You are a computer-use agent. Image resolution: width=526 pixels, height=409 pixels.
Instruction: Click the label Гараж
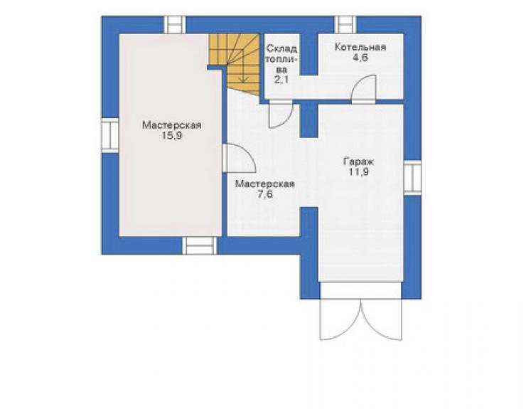coord(358,162)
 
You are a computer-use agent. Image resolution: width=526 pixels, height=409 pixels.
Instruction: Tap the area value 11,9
coord(358,172)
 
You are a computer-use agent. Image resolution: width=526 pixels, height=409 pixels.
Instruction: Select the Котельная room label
coord(360,48)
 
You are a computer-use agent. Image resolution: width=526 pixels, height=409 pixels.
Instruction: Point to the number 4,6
coord(360,58)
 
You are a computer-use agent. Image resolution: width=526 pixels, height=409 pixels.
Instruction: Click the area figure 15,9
coord(172,136)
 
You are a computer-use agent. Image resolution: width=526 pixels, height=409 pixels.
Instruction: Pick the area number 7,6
coord(265,194)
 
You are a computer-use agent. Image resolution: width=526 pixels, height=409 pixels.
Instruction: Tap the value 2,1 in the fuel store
coord(281,80)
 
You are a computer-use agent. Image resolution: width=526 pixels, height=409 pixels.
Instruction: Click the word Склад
coord(281,49)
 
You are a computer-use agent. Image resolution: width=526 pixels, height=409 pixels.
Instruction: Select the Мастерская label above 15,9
coord(172,125)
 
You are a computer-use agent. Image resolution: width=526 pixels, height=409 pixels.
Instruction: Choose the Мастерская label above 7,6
coord(265,184)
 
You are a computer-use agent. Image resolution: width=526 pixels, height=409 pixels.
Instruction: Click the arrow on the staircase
coord(243,65)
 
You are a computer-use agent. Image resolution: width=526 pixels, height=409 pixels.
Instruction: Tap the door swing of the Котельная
coord(363,89)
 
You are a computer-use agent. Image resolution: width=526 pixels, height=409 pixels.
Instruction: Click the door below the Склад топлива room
coord(281,115)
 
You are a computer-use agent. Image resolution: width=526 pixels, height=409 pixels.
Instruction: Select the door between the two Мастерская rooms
coord(239,159)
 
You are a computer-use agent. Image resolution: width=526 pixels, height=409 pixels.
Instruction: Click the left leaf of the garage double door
coord(340,319)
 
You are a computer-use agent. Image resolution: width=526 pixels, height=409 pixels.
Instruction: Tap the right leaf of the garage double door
coord(382,319)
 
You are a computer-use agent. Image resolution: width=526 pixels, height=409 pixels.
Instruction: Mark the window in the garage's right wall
coord(412,177)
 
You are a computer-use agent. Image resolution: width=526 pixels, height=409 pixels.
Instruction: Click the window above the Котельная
coord(345,24)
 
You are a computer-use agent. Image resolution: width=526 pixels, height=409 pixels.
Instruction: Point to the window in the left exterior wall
coord(110,135)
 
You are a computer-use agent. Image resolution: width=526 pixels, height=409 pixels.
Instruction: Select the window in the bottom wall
coord(200,245)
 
